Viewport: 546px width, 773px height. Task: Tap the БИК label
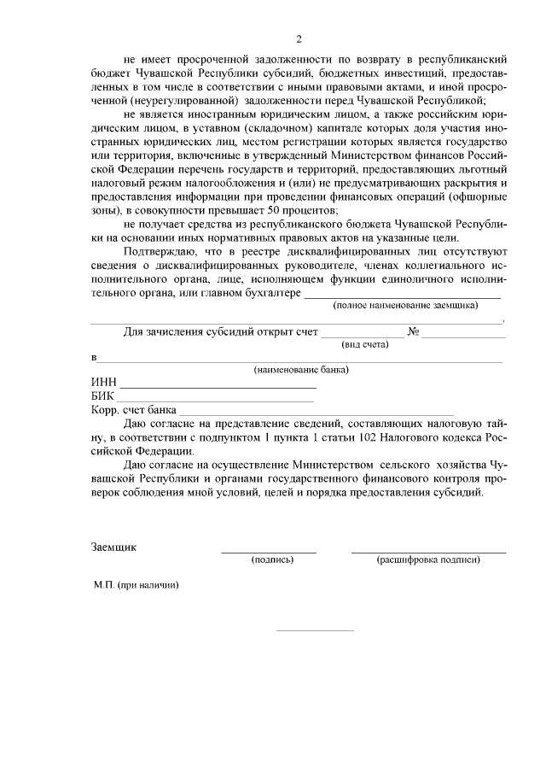(102, 396)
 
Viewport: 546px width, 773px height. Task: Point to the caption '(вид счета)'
(364, 344)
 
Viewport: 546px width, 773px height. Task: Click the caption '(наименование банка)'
(301, 370)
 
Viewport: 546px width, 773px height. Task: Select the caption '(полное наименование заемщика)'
(404, 305)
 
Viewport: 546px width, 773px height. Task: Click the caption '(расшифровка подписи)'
(428, 560)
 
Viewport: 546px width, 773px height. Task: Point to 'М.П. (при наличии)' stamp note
(136, 587)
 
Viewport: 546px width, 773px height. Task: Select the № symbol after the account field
(413, 331)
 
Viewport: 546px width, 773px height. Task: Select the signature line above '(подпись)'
(269, 552)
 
